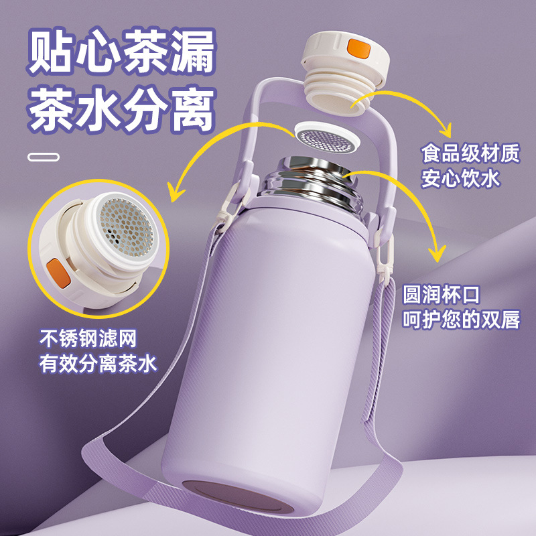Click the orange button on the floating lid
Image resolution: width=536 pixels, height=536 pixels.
pos(359,48)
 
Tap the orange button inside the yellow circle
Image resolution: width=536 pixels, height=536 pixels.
pos(59,273)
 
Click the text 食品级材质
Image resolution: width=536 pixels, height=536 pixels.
pos(470,153)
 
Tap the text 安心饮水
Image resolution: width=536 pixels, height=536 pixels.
pos(460,178)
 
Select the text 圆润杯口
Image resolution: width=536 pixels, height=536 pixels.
pos(442,295)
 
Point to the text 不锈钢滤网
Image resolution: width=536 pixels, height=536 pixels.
pos(88,338)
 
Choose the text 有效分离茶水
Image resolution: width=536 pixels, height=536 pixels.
pos(98,363)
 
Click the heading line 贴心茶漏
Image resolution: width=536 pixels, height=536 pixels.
pos(122,52)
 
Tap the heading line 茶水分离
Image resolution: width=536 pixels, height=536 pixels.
pos(122,109)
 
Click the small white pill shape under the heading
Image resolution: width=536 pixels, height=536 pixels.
pos(44,157)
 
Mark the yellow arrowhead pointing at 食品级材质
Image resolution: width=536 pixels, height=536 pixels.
pos(445,131)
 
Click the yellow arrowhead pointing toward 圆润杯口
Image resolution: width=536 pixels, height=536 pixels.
pos(438,253)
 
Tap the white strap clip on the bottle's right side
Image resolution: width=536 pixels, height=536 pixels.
pos(384,251)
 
